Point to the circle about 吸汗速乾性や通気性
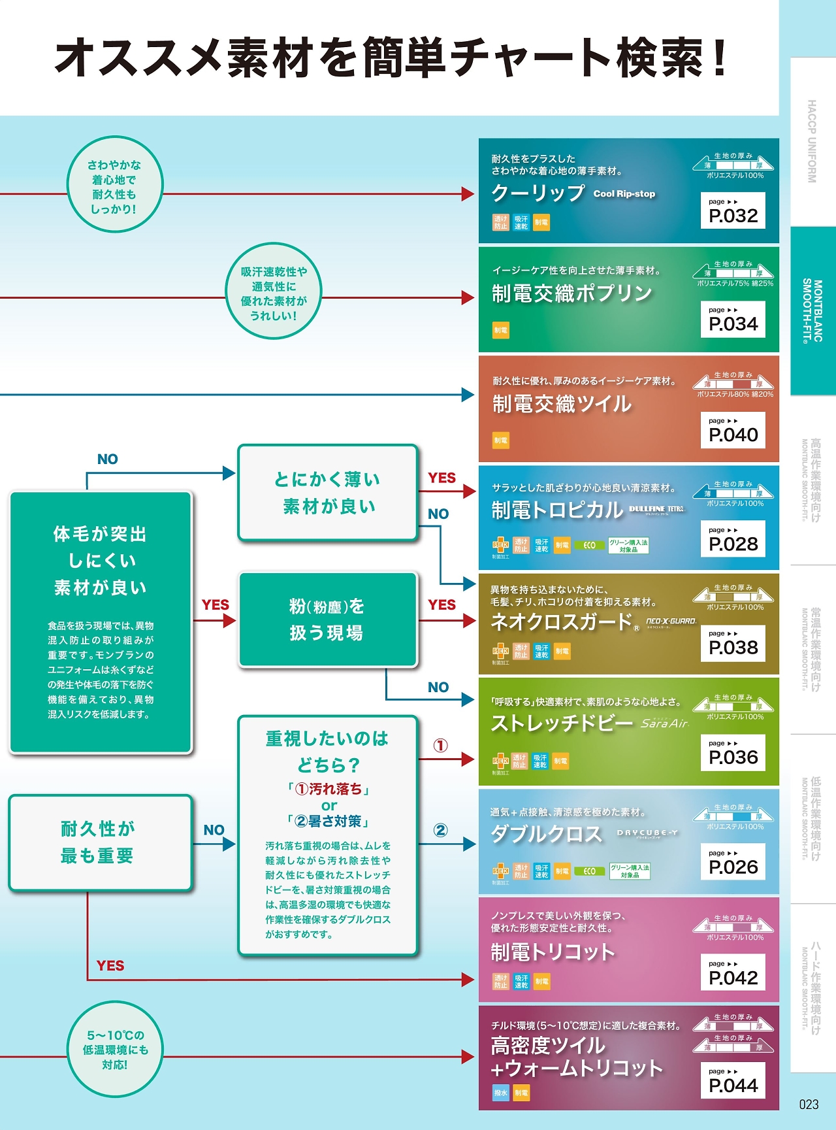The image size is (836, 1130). click(274, 292)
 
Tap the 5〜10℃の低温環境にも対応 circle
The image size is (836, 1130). click(115, 1050)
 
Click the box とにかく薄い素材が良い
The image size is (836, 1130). click(328, 493)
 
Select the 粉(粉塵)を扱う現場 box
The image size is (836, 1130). click(328, 620)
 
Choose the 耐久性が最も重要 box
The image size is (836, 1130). click(99, 842)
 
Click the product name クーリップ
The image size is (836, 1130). click(538, 193)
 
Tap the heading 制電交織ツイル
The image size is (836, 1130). click(562, 405)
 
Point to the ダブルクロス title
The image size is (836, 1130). click(547, 834)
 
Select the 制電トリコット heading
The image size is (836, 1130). click(553, 952)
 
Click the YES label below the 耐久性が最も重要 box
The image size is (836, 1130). click(110, 965)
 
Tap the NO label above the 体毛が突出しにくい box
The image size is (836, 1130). click(107, 459)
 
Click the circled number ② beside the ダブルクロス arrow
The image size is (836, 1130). click(441, 830)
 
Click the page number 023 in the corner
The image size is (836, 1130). click(809, 1105)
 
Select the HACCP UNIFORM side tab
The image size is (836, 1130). click(812, 141)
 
